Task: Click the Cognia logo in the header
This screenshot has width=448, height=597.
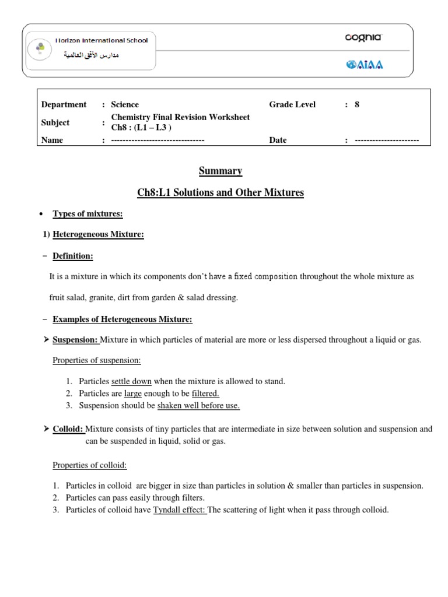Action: pos(363,38)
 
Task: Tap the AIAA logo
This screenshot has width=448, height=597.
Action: pos(365,65)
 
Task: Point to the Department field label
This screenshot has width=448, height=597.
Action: pos(64,104)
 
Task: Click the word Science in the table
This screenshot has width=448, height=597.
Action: pos(125,104)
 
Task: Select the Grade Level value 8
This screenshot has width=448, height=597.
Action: pos(357,104)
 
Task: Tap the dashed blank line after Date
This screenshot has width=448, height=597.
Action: pos(387,141)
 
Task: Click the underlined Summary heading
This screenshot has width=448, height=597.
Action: pos(221,171)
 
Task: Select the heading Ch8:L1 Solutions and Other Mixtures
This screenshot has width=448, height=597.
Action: pos(221,192)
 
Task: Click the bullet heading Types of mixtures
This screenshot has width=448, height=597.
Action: pos(87,214)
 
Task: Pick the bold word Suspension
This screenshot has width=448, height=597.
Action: pos(75,339)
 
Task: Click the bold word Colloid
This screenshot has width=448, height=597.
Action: pos(68,429)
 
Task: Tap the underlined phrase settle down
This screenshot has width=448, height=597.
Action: pos(131,381)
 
